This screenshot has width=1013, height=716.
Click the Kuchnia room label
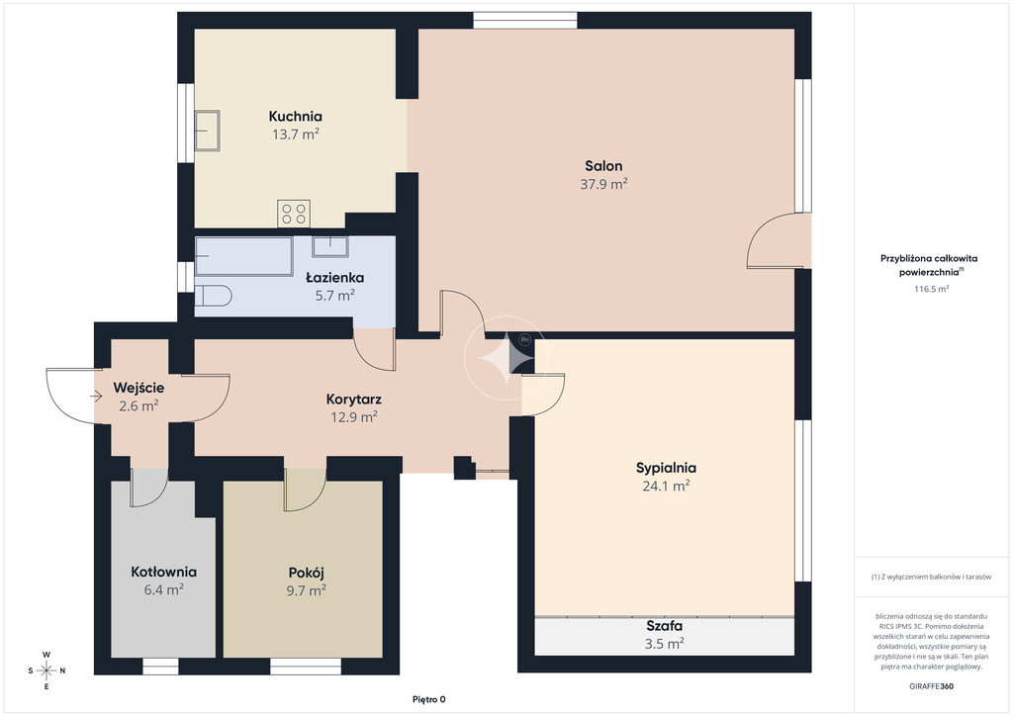point(295,117)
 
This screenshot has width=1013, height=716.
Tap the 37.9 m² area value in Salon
point(604,184)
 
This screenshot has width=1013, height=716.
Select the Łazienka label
point(334,278)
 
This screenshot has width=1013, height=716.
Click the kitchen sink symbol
point(208,131)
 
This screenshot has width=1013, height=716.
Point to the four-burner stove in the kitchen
point(294,214)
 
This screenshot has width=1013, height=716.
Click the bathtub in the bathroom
point(244,256)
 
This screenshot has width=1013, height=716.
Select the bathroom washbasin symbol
point(330,246)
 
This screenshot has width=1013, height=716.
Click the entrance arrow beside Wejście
point(97,396)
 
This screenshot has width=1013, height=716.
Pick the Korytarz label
point(353,400)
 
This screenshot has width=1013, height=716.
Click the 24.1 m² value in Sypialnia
point(666,486)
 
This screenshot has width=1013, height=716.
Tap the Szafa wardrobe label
point(665,626)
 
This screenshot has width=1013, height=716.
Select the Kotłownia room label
point(163,572)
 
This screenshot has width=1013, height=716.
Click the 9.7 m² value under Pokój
point(307,590)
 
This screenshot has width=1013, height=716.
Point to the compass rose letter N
point(62,671)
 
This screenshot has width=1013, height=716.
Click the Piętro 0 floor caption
point(429,699)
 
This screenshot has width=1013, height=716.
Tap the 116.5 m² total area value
point(931,289)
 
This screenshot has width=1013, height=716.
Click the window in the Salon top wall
point(524,21)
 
